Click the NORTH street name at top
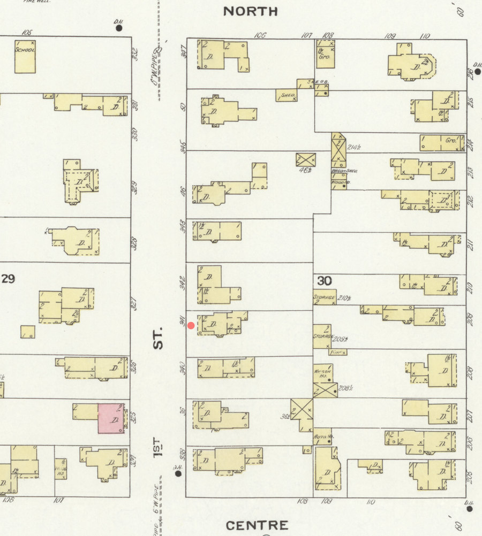pos(251,11)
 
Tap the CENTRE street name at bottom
pos(257,525)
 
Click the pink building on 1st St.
pos(111,418)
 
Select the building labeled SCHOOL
pos(25,56)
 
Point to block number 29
pos(8,279)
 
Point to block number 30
pos(324,281)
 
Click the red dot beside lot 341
pos(191,325)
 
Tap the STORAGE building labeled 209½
pos(322,336)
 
